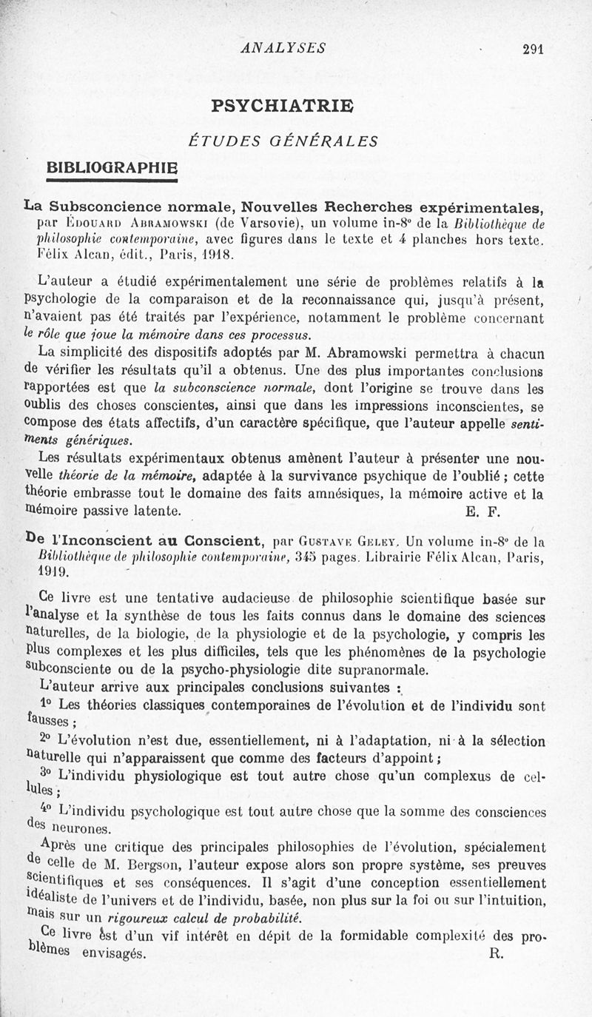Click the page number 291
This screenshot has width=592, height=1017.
pyautogui.click(x=533, y=50)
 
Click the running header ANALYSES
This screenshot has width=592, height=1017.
pyautogui.click(x=283, y=48)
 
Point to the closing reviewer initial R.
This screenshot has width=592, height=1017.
pyautogui.click(x=496, y=953)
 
